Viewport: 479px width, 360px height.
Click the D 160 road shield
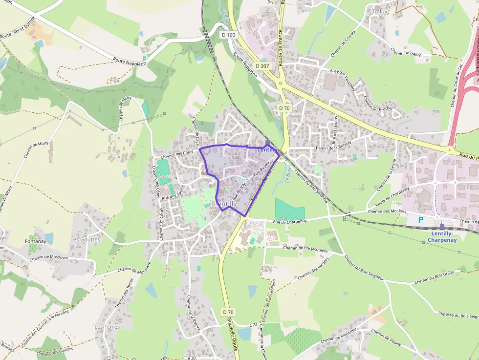click(228, 35)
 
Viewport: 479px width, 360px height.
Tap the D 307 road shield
click(262, 65)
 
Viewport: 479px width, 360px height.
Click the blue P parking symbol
click(421, 220)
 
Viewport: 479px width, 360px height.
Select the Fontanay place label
click(35, 241)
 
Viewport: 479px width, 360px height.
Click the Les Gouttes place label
click(85, 240)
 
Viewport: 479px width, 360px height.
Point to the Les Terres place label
click(107, 326)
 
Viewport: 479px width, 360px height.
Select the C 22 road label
click(253, 325)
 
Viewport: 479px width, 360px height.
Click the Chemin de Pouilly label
click(386, 338)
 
